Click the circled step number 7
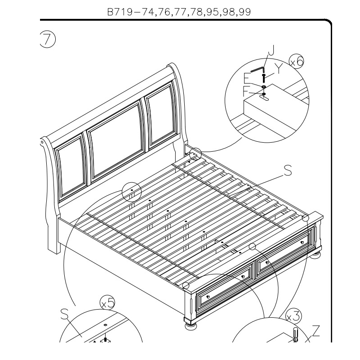(48, 40)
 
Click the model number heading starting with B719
(179, 12)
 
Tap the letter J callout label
(271, 50)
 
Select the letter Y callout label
(279, 68)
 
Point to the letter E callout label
(247, 78)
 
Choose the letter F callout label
(246, 91)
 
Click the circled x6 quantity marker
(296, 61)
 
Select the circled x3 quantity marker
(293, 316)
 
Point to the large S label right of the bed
(288, 171)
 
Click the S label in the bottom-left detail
(65, 314)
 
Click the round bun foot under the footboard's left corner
(191, 326)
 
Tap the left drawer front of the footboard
(225, 286)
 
